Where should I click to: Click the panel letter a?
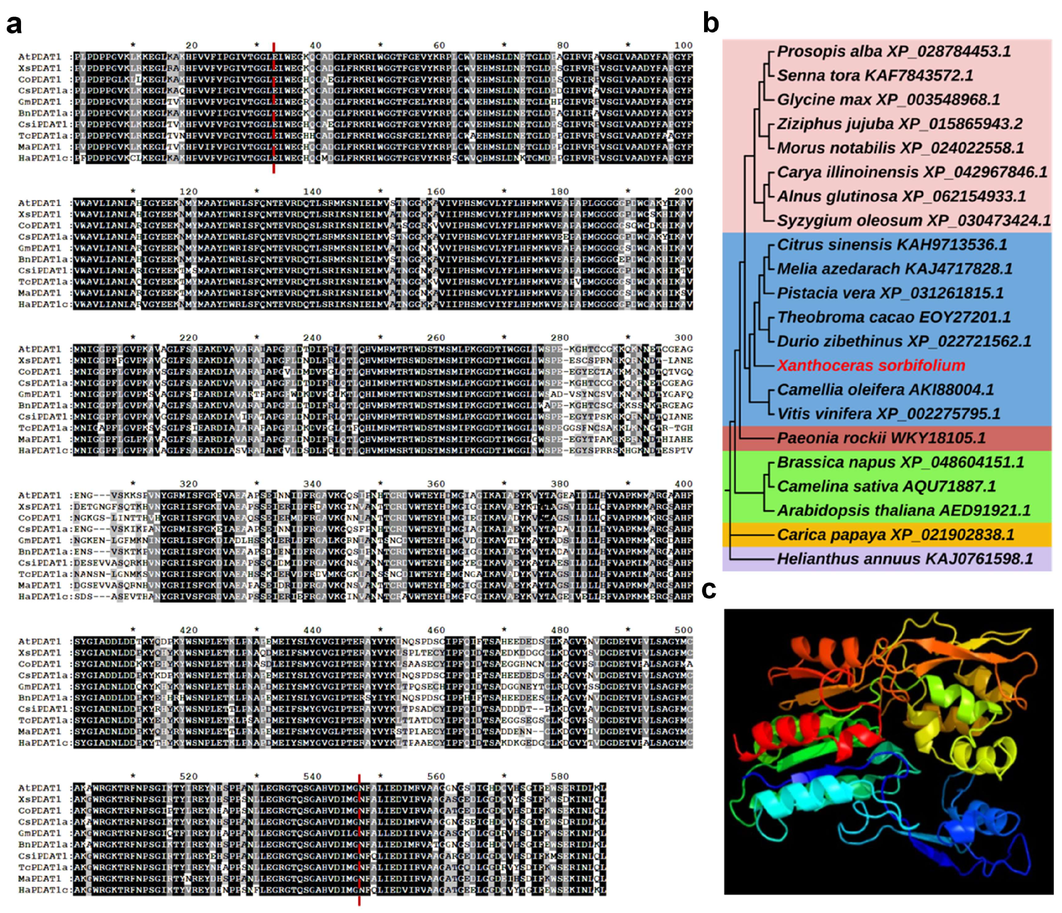click(14, 24)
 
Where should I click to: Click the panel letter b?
click(711, 24)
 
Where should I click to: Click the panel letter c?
click(709, 590)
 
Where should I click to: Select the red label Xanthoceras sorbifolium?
click(871, 365)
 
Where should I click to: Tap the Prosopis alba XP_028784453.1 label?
click(894, 51)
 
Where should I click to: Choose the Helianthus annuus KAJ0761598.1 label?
click(905, 559)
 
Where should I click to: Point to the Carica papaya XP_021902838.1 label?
click(895, 535)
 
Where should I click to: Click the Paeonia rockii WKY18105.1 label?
click(881, 438)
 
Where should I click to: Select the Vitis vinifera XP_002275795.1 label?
click(888, 413)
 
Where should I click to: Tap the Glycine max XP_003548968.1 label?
click(888, 99)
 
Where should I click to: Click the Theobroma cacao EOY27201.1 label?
click(894, 317)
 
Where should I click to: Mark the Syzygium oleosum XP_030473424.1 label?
click(913, 220)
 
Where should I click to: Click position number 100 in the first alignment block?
click(683, 45)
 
